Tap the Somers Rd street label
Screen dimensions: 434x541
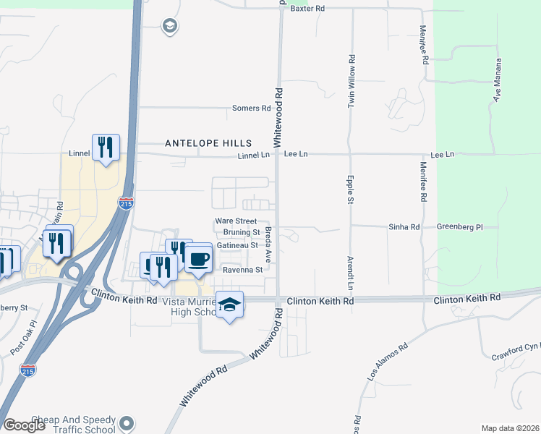251,109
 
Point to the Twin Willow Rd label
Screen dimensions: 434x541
351,82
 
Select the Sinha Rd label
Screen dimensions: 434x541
405,227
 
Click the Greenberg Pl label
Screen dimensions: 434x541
458,227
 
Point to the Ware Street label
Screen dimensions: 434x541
236,221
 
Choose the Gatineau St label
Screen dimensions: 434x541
237,246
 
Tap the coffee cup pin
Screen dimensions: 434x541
198,258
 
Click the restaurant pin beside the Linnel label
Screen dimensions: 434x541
106,148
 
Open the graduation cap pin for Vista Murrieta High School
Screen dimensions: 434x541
229,305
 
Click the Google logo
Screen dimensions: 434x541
25,425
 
